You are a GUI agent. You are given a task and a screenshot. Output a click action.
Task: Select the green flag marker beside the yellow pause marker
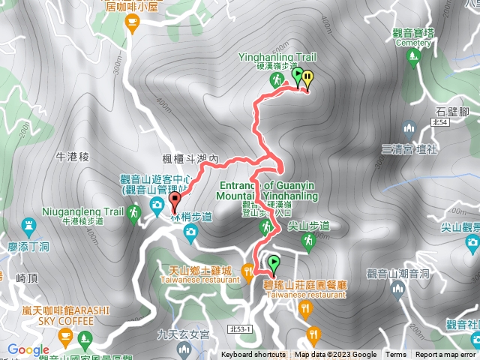point(298,76)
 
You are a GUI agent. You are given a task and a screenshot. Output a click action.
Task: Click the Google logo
point(28,349)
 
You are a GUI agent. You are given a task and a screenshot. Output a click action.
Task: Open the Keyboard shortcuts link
point(252,355)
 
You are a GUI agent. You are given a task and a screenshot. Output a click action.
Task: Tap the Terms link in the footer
point(396,355)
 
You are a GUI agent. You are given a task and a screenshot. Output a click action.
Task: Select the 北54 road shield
point(439,121)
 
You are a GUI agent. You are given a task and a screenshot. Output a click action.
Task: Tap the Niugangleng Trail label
point(82,212)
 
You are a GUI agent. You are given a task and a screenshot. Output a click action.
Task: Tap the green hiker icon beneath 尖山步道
point(307,241)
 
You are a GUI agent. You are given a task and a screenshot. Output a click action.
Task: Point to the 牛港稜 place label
point(73,157)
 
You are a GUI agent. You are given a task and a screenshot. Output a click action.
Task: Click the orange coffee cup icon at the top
point(133,25)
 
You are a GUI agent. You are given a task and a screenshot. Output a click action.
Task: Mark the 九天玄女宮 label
point(180,335)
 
